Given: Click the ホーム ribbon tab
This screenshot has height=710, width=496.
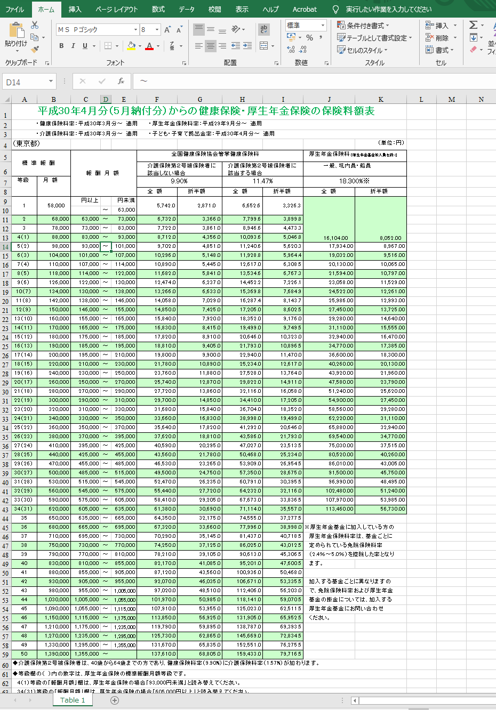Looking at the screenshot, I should [46, 9].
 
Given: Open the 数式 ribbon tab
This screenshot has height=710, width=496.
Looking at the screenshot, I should [158, 9].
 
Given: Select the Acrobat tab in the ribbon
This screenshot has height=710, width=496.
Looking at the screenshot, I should [305, 9].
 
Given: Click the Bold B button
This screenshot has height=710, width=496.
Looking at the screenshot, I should [61, 46].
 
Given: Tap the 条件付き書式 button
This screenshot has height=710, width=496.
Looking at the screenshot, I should [363, 26].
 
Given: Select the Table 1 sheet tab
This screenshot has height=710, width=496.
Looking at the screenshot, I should [73, 700].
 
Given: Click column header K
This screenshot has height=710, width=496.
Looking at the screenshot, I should [381, 99].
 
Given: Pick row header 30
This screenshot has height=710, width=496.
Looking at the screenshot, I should [5, 392].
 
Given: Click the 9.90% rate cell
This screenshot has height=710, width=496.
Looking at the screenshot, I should [179, 181].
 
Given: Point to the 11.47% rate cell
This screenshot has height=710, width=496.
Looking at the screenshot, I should [262, 181].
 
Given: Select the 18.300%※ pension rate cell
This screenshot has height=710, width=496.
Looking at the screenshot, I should [354, 181].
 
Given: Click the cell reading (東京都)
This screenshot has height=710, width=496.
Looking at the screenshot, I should [27, 144].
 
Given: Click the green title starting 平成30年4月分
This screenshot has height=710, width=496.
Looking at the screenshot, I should [206, 111].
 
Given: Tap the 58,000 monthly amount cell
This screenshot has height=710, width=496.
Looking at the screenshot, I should [56, 205].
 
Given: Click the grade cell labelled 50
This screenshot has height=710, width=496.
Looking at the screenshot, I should [24, 653].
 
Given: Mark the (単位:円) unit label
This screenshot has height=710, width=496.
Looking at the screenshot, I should [391, 143].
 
